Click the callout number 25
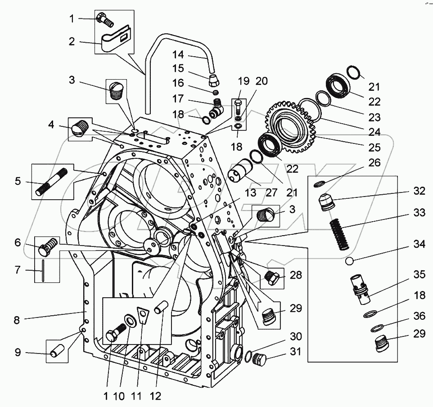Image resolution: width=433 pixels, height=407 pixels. pos(374,148)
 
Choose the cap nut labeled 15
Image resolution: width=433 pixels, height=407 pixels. pos(214,82)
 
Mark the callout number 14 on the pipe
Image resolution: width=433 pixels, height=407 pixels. pos(179,55)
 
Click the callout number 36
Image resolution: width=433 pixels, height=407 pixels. pos(419,317)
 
